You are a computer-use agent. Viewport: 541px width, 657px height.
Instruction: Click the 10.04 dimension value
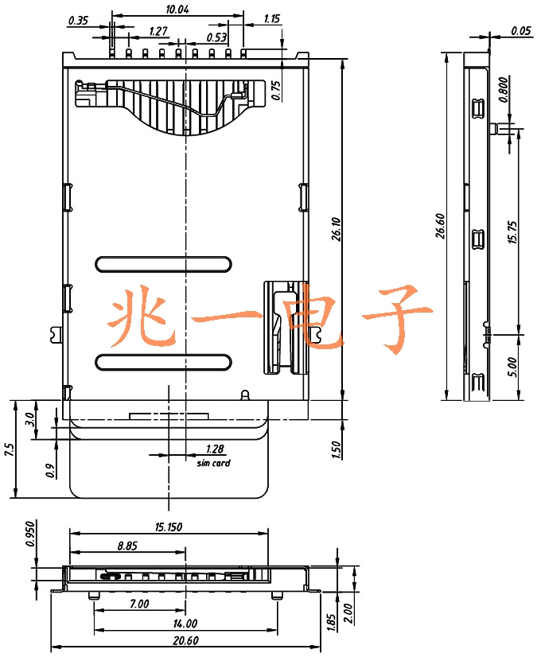177,10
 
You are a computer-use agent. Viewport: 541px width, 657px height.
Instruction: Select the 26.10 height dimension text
337,229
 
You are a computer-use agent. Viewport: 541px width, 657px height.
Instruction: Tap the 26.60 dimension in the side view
440,226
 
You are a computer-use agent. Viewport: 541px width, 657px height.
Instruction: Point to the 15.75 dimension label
512,232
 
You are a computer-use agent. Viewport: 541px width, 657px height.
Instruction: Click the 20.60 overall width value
185,640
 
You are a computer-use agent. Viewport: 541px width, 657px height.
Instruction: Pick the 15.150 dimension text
169,527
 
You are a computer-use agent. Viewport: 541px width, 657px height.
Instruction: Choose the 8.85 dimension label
127,546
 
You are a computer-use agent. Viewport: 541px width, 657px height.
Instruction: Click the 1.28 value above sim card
215,449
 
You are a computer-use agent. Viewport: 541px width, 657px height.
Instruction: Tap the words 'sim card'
214,463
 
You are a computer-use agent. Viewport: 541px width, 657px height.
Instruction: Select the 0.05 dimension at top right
521,30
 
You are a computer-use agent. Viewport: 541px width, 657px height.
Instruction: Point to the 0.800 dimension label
504,89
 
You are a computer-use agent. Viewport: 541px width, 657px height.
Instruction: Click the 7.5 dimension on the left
10,450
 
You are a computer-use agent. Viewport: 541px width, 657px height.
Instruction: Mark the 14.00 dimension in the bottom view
185,624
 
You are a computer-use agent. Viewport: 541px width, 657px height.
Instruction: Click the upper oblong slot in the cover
163,264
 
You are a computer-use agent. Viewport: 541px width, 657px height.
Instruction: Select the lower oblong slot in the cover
163,363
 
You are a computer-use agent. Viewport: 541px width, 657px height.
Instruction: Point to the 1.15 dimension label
271,19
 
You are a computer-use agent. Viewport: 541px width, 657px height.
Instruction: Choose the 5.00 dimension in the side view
512,367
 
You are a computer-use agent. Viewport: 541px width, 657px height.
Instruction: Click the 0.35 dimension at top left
78,21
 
